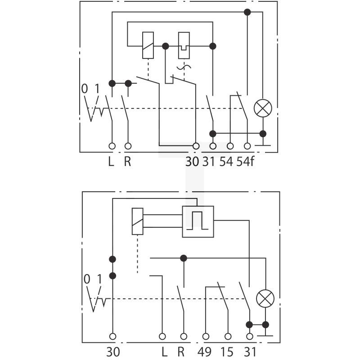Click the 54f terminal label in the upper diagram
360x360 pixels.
(x=245, y=162)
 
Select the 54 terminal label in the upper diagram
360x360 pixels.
(x=226, y=162)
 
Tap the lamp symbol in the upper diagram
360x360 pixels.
(x=263, y=108)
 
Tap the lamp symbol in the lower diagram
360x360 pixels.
(x=265, y=298)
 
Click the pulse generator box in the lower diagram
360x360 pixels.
(x=198, y=221)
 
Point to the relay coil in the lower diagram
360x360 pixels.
(x=138, y=221)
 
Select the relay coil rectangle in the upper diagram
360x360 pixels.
(x=148, y=45)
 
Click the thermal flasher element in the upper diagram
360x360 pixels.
(x=184, y=45)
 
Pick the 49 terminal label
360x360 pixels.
(x=204, y=352)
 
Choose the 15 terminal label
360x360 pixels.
(x=227, y=352)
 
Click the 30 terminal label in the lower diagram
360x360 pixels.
(x=113, y=352)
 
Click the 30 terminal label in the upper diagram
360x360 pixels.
(x=192, y=162)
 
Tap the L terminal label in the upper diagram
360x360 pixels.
(x=111, y=162)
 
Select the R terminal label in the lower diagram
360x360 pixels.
(x=181, y=352)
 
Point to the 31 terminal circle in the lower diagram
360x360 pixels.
(x=249, y=336)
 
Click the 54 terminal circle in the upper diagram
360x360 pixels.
(x=230, y=146)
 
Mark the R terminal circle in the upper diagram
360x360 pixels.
(x=128, y=146)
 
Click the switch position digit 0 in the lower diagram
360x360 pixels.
(x=87, y=279)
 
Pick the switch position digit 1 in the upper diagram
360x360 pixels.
(x=97, y=88)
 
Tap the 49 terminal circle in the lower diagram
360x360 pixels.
(x=206, y=336)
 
